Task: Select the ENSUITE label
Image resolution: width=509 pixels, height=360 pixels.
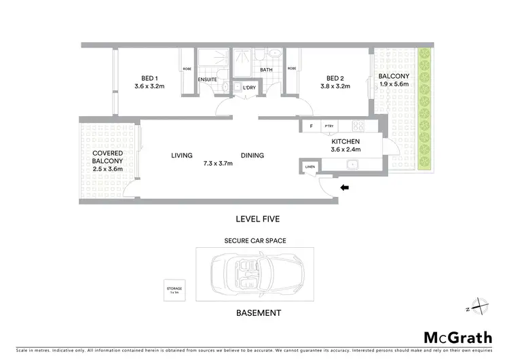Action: click(207, 79)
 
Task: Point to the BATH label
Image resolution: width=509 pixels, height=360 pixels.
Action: click(266, 69)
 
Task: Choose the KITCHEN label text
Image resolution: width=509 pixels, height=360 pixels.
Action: click(345, 141)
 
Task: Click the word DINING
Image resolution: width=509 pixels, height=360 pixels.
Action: click(252, 156)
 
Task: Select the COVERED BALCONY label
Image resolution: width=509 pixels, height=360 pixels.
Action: click(107, 157)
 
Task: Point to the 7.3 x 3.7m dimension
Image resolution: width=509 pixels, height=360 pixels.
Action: click(219, 163)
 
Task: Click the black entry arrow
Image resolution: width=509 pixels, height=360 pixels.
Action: click(345, 188)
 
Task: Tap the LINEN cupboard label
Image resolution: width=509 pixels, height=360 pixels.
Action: click(310, 166)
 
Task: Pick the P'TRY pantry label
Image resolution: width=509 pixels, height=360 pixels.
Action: click(329, 126)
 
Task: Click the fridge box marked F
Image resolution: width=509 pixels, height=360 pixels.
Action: click(311, 126)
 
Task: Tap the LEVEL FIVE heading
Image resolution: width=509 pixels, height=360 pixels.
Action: click(257, 219)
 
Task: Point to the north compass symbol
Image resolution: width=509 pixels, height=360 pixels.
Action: click(478, 307)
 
